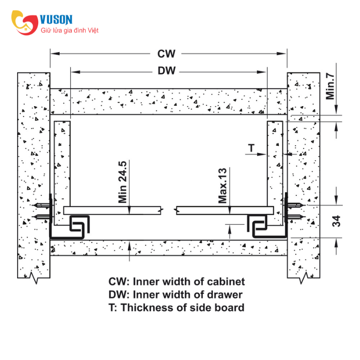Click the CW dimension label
pyautogui.click(x=166, y=54)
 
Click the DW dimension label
pyautogui.click(x=166, y=71)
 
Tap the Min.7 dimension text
pyautogui.click(x=330, y=86)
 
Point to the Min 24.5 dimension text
pyautogui.click(x=122, y=182)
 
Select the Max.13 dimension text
pyautogui.click(x=222, y=185)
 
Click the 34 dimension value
pyautogui.click(x=336, y=221)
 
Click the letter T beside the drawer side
pyautogui.click(x=252, y=148)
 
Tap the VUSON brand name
pyautogui.click(x=56, y=19)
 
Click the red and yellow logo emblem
pyautogui.click(x=25, y=22)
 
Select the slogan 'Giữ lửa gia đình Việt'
pyautogui.click(x=70, y=30)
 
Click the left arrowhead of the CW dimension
pyautogui.click(x=55, y=54)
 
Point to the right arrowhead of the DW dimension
pyautogui.click(x=261, y=72)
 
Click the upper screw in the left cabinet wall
pyautogui.click(x=42, y=205)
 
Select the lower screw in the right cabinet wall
pyautogui.click(x=296, y=217)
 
